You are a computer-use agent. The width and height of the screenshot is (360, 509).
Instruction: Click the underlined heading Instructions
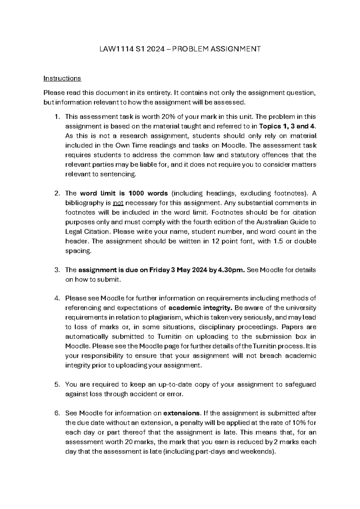pyautogui.click(x=62, y=78)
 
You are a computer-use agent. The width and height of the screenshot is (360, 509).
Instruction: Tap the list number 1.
pyautogui.click(x=57, y=117)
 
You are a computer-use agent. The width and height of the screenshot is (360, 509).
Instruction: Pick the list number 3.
pyautogui.click(x=57, y=270)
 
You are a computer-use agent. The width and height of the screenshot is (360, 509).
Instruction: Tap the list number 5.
pyautogui.click(x=57, y=384)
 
